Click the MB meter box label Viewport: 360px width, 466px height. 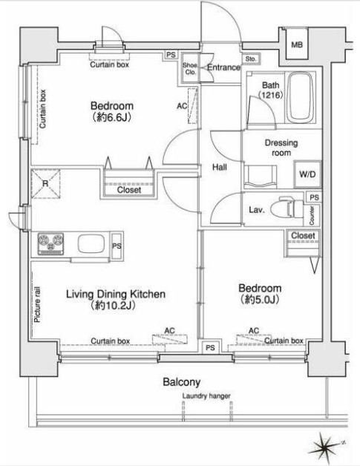297,45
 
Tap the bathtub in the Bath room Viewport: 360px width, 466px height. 301,98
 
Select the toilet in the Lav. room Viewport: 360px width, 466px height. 290,209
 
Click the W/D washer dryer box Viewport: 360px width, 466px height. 307,174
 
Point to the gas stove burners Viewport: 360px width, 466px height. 50,243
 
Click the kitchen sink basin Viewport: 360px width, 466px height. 91,243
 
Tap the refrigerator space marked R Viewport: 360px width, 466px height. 45,184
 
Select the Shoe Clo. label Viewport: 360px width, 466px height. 190,69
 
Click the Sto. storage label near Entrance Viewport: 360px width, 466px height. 251,59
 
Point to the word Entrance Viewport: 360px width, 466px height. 223,68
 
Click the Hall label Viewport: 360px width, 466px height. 220,167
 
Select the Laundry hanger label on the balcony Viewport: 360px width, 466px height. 206,396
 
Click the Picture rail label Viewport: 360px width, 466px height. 37,305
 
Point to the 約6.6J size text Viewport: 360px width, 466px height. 112,118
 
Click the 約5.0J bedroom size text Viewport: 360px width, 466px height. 260,300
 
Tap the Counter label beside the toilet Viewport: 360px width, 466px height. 312,215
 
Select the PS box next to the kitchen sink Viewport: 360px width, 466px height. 117,246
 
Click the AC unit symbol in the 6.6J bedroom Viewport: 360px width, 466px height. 193,106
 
